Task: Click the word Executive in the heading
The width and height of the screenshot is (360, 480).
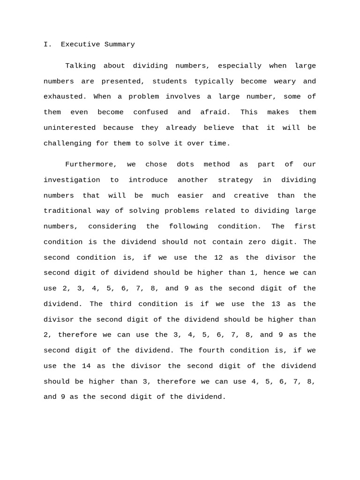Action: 78,45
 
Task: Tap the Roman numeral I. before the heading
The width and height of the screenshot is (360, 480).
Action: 48,45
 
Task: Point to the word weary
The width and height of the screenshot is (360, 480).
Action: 285,82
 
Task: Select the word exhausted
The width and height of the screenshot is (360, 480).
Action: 65,97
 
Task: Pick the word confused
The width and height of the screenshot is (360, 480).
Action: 150,112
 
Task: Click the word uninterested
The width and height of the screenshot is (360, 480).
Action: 69,128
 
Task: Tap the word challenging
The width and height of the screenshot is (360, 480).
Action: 67,143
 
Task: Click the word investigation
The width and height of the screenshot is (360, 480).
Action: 72,180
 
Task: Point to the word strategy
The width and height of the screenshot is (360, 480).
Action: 235,180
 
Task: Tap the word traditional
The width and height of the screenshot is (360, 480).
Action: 69,211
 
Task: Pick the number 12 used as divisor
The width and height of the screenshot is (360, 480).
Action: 218,257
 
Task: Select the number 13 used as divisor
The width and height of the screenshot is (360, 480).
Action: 276,304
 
